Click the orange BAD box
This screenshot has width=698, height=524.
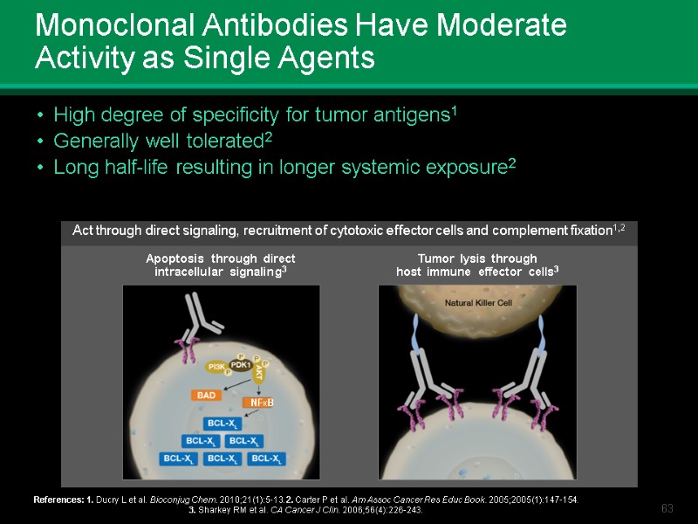206,396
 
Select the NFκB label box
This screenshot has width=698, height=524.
263,403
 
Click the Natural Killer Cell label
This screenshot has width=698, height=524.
477,303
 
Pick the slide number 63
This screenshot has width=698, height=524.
668,508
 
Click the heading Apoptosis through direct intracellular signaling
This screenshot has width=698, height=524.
221,265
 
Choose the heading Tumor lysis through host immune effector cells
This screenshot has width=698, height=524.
477,265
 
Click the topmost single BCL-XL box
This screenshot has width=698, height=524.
219,424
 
